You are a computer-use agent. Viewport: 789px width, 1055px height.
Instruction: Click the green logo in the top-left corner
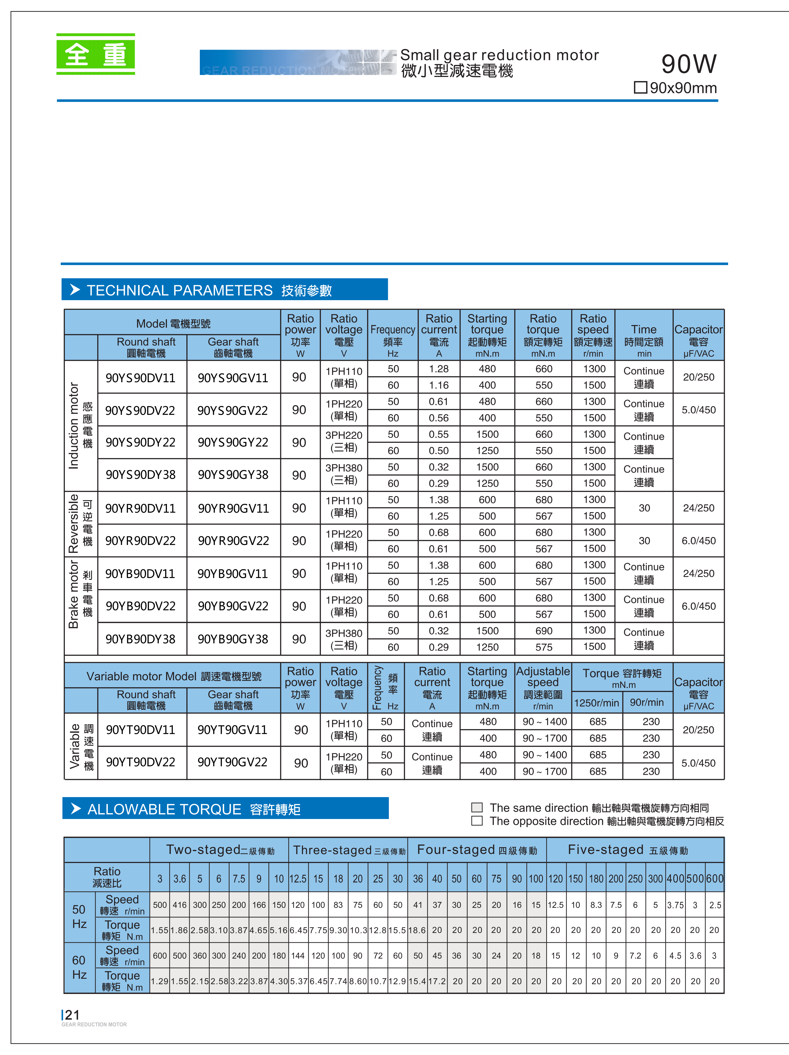pos(95,54)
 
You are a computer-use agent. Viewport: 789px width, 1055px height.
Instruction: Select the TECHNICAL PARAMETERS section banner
pos(224,290)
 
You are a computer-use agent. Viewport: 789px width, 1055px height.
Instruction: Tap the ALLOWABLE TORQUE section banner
pos(225,808)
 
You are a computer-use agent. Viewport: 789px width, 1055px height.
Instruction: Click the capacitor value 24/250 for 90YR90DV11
pos(698,508)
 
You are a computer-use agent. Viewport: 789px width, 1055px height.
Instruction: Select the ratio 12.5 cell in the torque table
pos(298,879)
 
